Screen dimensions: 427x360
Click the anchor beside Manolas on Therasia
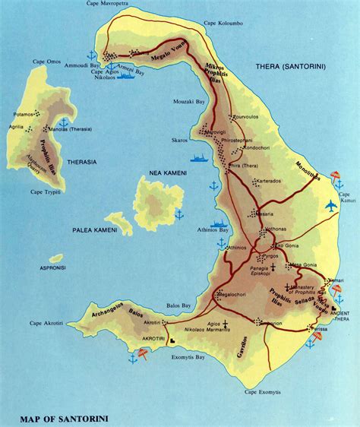point(64,122)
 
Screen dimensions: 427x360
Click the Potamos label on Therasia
point(24,114)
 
